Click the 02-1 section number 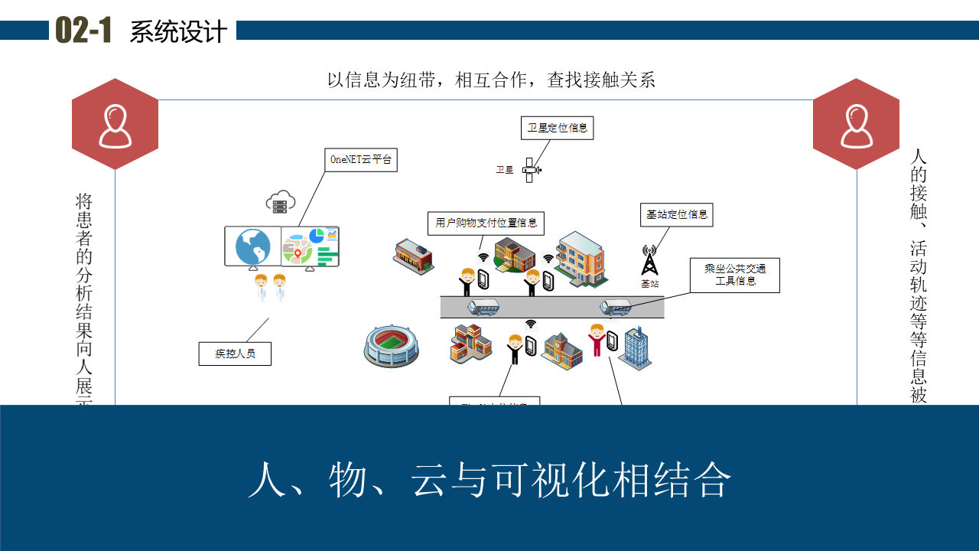pos(83,31)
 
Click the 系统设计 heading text pos(178,32)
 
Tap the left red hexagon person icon pos(115,125)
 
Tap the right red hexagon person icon pos(856,125)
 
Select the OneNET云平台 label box pos(361,160)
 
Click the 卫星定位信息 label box pos(558,128)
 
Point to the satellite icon pos(530,170)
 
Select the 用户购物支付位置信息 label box pos(486,223)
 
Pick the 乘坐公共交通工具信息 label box pos(735,275)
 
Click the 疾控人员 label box pos(235,354)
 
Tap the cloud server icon pos(281,201)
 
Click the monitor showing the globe pos(253,246)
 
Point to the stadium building pos(392,345)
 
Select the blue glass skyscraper pos(636,348)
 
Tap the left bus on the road pos(483,308)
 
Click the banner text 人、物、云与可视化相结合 pos(489,480)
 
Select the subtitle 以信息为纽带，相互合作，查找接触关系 pos(491,80)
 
